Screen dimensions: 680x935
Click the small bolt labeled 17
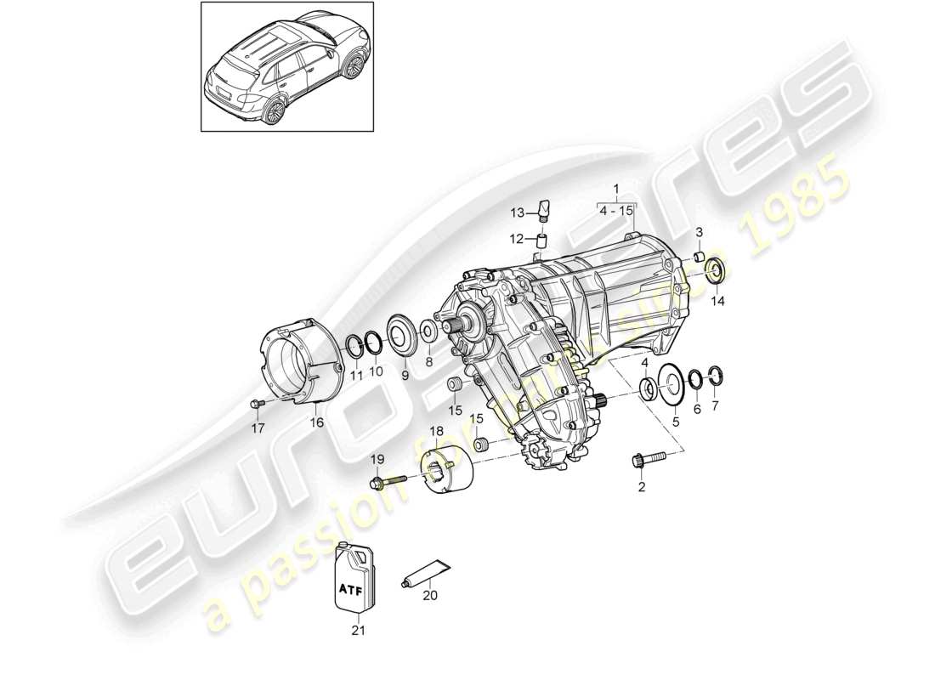pyautogui.click(x=258, y=403)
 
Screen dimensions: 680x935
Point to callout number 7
pyautogui.click(x=714, y=406)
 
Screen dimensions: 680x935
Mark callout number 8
pyautogui.click(x=429, y=362)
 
